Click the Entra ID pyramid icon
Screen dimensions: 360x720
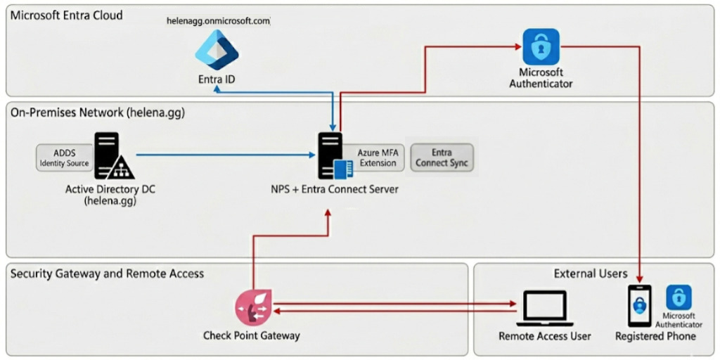(217, 49)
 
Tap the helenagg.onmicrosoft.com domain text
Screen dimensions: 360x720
(218, 21)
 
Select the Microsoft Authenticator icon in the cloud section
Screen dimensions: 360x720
(541, 46)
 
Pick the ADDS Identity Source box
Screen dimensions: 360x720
(63, 157)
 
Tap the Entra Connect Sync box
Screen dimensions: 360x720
(442, 157)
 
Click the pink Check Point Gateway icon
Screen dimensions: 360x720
(252, 307)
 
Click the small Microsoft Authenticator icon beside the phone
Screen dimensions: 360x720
(679, 297)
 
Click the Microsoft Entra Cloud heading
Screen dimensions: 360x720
(67, 15)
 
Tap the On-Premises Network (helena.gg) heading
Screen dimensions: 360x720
(98, 112)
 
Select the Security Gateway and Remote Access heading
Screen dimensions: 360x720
(107, 274)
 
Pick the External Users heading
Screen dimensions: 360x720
(591, 274)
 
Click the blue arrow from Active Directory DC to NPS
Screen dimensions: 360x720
(225, 155)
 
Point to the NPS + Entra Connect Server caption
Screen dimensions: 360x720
(335, 188)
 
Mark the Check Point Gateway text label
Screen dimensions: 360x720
(252, 335)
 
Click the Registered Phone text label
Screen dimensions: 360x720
(655, 336)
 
